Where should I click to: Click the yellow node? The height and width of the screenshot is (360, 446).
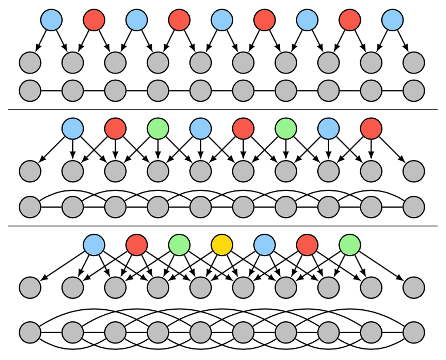coord(222,245)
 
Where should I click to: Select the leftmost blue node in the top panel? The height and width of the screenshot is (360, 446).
coord(52,20)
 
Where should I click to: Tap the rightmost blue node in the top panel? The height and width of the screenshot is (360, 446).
coord(392,20)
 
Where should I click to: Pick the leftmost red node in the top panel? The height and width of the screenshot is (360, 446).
coord(94,20)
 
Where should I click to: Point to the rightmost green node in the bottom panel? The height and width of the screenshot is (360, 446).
coord(350,245)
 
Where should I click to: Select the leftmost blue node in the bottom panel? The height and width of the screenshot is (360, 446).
coord(94,245)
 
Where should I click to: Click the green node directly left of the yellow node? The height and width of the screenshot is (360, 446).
coord(179,245)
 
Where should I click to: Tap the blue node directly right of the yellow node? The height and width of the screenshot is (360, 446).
coord(264,245)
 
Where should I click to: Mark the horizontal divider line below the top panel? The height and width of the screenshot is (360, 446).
coord(223,110)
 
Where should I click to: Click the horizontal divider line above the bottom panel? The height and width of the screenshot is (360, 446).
coord(223,226)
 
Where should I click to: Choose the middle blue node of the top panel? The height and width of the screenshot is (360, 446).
coord(222,20)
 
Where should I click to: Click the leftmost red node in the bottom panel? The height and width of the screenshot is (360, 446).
coord(137,245)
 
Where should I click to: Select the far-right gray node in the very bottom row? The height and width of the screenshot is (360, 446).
coord(414,332)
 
